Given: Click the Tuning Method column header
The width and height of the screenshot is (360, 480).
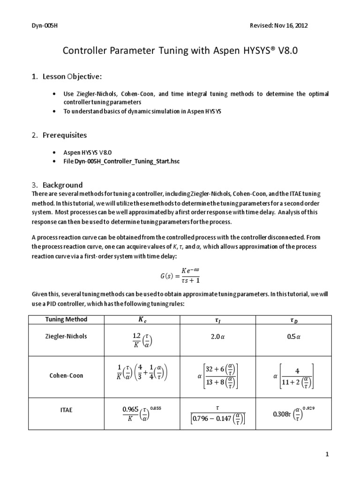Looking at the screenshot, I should (66, 319).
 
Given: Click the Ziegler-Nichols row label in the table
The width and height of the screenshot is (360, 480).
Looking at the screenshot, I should (66, 336).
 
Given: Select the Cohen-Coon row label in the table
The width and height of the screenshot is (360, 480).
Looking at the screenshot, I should (66, 376).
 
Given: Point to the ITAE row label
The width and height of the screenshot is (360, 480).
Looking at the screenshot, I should (66, 410).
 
